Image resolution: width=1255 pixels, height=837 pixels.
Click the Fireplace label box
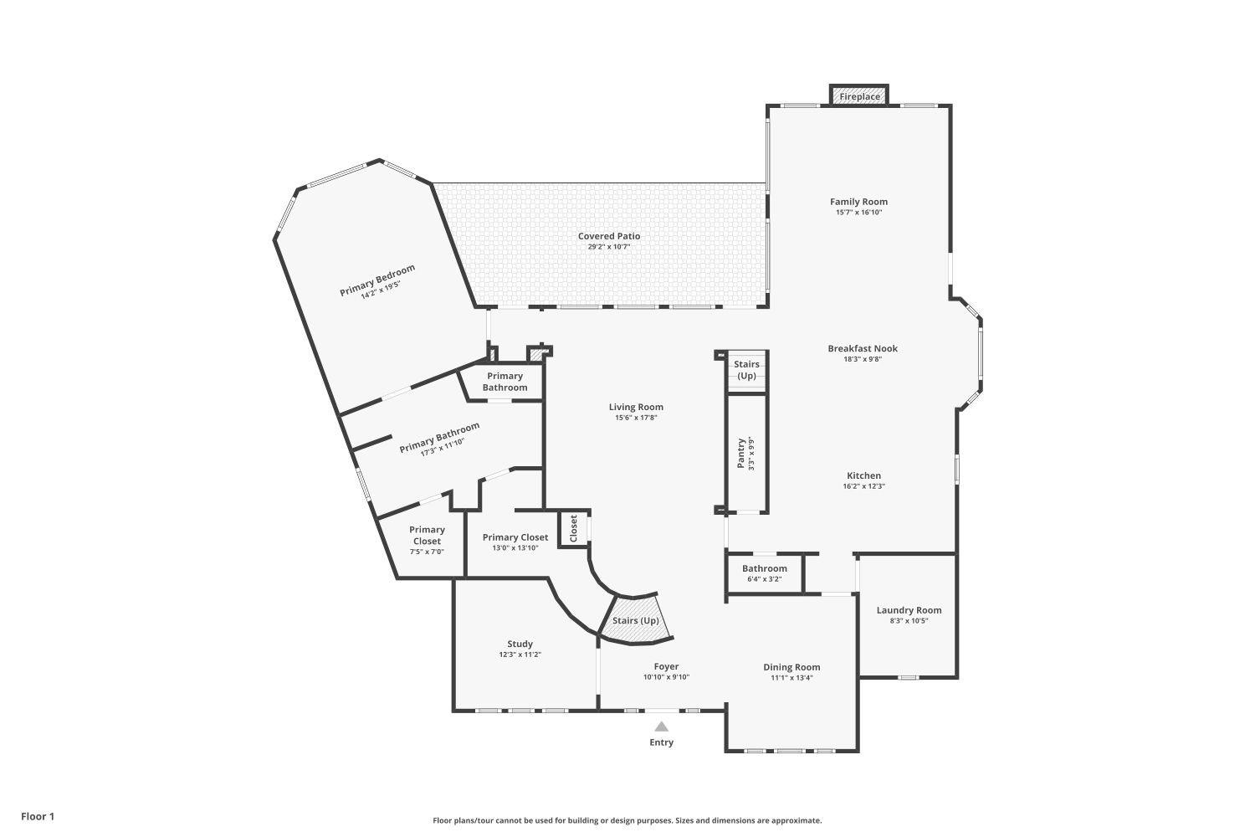859,96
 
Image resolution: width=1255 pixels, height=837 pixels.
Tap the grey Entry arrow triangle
662,727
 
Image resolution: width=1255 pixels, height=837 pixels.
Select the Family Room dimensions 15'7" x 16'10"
859,213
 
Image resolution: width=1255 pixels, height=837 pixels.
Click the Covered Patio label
609,236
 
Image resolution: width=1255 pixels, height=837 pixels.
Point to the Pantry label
741,454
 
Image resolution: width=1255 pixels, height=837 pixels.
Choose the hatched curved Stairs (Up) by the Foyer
636,620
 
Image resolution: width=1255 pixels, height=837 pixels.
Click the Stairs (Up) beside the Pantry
747,370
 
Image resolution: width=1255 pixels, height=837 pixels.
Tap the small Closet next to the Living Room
574,528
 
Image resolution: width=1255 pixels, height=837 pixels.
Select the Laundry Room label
909,610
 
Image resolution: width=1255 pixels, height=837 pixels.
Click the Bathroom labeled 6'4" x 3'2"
765,573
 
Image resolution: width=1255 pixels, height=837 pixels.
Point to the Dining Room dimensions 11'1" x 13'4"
791,678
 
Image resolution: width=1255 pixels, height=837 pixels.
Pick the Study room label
520,644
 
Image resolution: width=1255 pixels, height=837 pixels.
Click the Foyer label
666,666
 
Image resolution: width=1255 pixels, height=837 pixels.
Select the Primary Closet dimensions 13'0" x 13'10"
515,548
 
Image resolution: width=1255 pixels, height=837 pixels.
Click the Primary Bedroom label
377,280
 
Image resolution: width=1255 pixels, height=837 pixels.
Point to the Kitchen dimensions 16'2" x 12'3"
864,486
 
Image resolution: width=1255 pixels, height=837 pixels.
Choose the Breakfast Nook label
863,348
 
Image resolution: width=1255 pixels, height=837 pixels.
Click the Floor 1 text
38,816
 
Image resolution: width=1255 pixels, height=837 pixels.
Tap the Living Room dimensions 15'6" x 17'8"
636,418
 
